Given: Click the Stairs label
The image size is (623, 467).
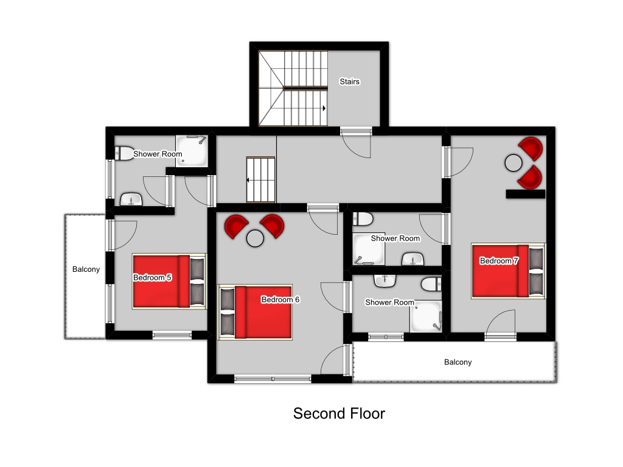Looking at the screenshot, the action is (350, 81).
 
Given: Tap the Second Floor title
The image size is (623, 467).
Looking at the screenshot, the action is (339, 413).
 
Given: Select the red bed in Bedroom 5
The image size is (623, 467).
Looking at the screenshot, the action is (170, 281).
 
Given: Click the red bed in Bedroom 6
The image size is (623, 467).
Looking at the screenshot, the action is (255, 312).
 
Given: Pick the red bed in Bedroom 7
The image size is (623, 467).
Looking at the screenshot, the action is (508, 271).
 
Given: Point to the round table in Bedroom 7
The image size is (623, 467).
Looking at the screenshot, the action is (513, 163).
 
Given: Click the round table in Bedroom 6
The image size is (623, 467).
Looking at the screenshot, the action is (255, 238).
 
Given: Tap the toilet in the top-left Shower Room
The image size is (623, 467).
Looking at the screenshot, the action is (124, 153).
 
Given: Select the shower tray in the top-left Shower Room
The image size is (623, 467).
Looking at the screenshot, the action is (192, 151).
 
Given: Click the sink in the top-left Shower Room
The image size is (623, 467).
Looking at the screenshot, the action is (131, 199).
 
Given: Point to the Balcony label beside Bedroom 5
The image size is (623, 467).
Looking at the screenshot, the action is (86, 269).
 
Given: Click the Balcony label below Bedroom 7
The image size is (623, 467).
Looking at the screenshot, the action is (458, 362).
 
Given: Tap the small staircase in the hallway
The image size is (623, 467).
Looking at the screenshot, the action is (260, 179).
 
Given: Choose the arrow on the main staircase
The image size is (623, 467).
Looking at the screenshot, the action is (324, 108).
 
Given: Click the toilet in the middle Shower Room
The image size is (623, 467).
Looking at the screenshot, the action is (363, 219).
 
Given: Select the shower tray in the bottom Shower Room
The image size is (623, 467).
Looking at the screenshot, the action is (426, 316).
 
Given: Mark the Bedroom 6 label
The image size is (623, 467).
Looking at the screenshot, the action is (280, 299).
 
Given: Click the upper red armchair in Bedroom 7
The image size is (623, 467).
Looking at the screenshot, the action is (531, 148).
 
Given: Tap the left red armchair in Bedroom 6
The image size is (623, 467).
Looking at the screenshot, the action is (236, 226).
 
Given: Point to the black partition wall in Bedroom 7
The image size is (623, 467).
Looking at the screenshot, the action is (525, 194).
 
